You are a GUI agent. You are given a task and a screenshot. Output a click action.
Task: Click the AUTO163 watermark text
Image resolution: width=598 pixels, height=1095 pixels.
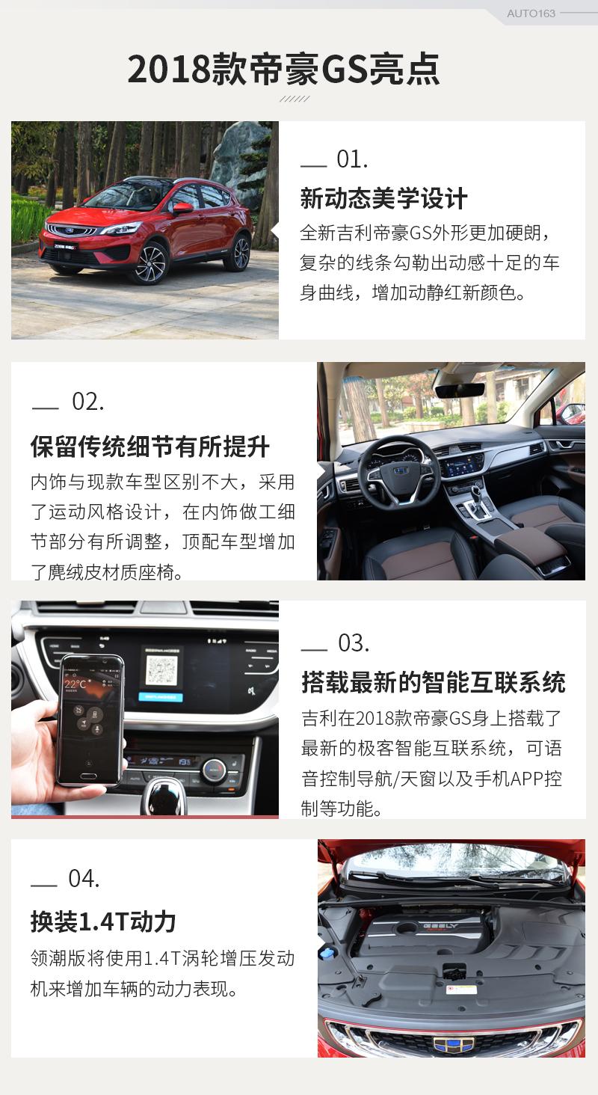[x=531, y=13]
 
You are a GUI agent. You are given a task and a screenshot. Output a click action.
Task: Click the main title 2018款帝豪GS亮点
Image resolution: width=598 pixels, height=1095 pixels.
[x=284, y=70]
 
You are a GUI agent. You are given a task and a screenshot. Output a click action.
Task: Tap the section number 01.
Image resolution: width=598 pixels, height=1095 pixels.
[x=352, y=159]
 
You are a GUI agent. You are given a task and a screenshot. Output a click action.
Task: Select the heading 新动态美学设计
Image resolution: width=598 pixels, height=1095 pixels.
[x=383, y=198]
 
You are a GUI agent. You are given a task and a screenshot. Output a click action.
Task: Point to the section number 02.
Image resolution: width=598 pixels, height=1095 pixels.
[x=88, y=402]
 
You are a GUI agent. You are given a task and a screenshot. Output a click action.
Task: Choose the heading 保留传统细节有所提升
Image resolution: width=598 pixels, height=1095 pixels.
[x=150, y=447]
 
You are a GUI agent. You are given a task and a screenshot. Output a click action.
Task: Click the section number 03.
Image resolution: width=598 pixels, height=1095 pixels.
[x=354, y=643]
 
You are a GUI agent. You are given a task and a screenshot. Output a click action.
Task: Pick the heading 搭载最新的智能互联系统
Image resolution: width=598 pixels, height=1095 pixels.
[x=434, y=682]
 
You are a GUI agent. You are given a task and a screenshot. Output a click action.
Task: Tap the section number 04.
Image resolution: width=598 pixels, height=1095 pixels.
[x=84, y=878]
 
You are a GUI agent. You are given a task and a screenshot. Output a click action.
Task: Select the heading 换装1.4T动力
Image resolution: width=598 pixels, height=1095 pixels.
[x=103, y=922]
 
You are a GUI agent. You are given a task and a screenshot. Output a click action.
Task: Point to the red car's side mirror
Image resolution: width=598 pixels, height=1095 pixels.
[x=182, y=208]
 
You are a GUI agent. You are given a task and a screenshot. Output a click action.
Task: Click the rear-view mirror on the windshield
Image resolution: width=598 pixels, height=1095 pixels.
[x=460, y=391]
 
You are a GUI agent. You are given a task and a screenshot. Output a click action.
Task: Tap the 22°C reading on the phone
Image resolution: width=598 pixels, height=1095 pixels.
[x=75, y=684]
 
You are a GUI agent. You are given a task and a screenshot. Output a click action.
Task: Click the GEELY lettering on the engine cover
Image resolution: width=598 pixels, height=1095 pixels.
[x=440, y=926]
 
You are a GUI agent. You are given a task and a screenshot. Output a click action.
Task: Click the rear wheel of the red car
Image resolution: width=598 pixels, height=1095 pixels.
[x=241, y=254]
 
